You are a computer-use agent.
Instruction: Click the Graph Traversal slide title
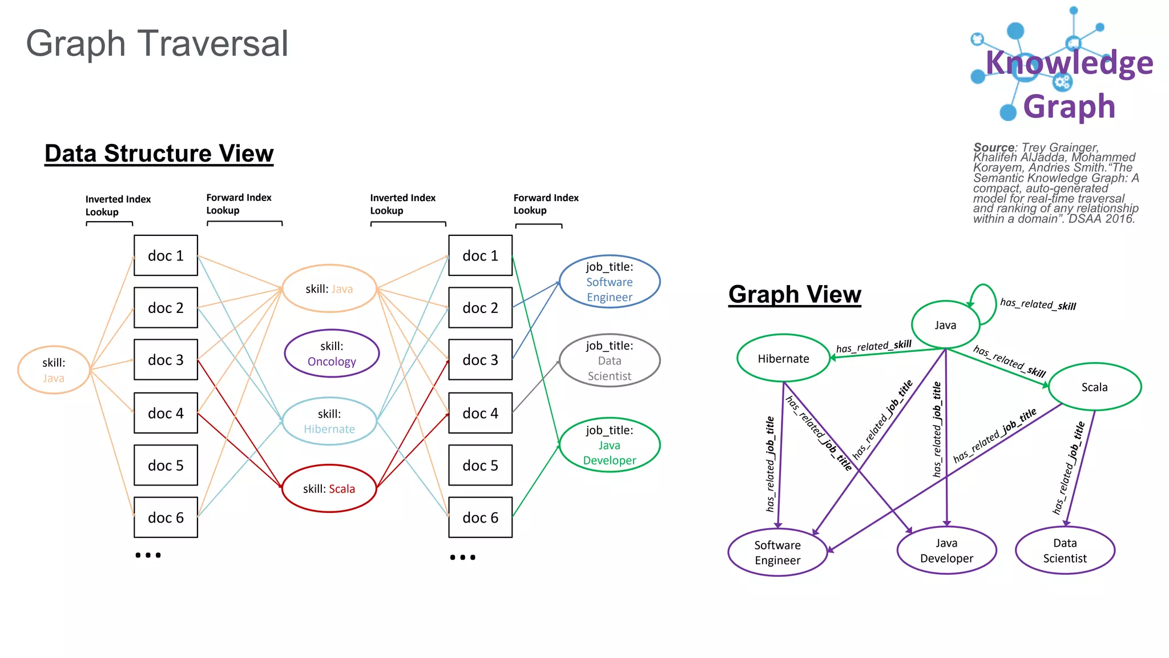[157, 44]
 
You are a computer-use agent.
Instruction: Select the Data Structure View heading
[159, 154]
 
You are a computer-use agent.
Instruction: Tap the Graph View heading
[795, 295]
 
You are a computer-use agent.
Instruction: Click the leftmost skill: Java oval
[54, 370]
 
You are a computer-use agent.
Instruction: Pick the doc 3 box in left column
[166, 360]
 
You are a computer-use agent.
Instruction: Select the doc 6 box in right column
[480, 517]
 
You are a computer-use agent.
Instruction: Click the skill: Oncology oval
[332, 354]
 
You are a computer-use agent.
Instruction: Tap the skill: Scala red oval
[329, 489]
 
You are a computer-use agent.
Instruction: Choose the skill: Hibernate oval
[329, 422]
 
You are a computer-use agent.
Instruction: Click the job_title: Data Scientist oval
[610, 361]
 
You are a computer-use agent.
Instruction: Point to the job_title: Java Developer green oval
[610, 446]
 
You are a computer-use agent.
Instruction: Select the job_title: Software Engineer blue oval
[610, 282]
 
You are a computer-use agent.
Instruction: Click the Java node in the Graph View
[945, 325]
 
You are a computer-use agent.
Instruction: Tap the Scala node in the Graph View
[1094, 387]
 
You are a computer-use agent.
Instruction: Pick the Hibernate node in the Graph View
[783, 359]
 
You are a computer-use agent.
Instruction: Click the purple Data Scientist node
[1065, 551]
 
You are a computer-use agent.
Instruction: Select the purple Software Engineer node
[777, 552]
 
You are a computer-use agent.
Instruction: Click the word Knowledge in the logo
[1069, 63]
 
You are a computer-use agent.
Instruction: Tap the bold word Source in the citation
[994, 147]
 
